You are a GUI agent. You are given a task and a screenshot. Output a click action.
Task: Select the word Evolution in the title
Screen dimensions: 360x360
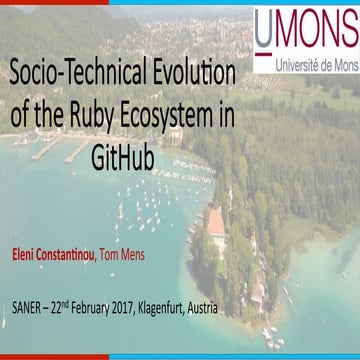coord(198,75)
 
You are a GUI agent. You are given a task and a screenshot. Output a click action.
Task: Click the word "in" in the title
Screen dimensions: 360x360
coord(226,115)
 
